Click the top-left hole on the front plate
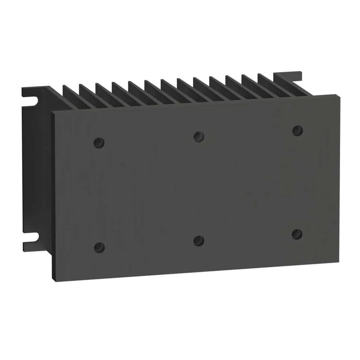99,143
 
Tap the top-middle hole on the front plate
198,136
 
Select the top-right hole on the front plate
297,130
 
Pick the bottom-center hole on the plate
198,240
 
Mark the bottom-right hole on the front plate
297,234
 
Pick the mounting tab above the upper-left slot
27,90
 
